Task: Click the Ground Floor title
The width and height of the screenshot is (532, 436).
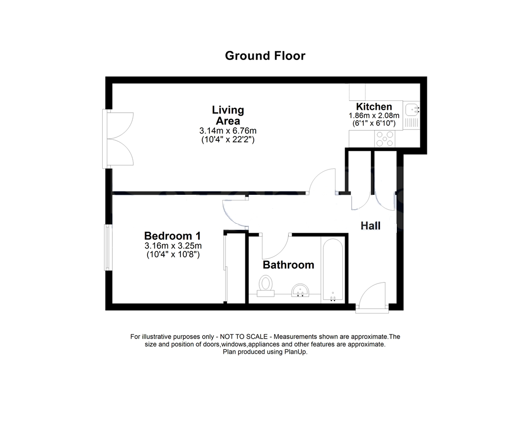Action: coord(265,56)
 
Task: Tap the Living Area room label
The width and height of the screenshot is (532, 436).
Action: coord(228,115)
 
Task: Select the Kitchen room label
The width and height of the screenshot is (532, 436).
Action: coord(374,107)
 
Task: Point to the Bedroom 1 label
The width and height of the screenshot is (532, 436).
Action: coord(173,236)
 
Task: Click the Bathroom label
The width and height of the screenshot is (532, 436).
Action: coord(288,265)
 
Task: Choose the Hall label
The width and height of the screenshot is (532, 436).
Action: coord(371,226)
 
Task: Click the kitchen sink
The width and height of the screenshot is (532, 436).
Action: coord(411,109)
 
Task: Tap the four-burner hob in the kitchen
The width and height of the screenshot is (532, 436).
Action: coord(385,138)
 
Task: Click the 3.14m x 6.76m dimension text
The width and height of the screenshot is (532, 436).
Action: coord(228,131)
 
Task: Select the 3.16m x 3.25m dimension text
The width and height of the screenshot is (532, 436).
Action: coord(173,246)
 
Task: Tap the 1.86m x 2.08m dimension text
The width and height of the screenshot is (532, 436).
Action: coord(374,116)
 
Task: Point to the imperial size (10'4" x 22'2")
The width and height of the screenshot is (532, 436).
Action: coord(228,140)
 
